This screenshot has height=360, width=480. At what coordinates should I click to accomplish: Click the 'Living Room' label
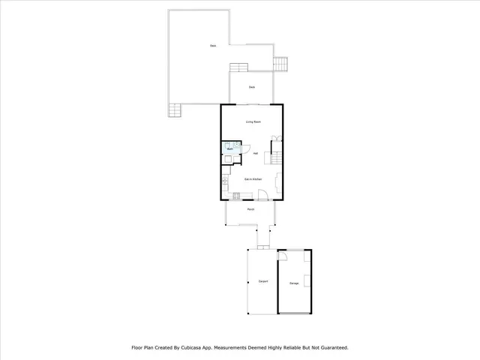point(253,121)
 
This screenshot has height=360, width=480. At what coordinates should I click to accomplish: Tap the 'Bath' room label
point(229,149)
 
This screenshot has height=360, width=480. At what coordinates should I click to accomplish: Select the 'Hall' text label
point(256,154)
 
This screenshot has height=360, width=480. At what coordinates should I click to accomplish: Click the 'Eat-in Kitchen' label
point(252,179)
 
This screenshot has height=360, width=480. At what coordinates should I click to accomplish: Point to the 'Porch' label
point(250,209)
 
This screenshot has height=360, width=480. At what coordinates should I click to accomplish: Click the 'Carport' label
point(262,281)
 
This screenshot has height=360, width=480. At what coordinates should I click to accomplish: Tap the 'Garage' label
point(293,283)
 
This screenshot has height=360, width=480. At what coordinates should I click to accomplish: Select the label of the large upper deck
point(213,46)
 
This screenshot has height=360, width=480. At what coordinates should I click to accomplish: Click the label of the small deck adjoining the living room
point(251,87)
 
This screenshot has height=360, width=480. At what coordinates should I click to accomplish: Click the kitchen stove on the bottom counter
point(235,196)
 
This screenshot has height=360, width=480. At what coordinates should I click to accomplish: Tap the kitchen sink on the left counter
point(224,181)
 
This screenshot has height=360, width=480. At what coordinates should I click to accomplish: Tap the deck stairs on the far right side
point(281,64)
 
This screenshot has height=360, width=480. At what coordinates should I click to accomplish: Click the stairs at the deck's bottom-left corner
point(175,110)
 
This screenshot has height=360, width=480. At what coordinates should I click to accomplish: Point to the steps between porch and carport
point(262,245)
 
